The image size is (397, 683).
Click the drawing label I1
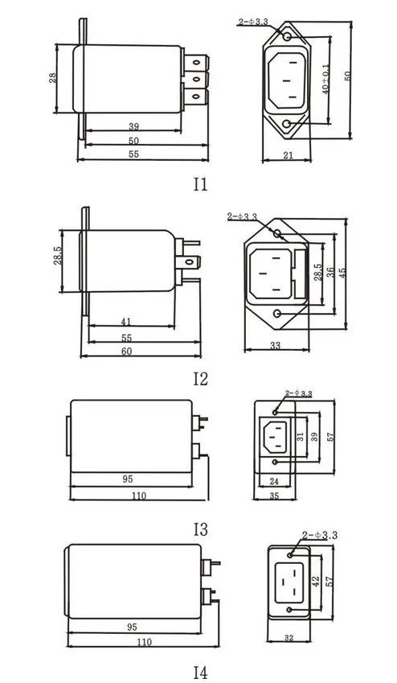click(201, 185)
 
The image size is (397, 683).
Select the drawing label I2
click(201, 379)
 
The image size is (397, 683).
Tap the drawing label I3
click(201, 529)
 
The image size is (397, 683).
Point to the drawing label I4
click(201, 673)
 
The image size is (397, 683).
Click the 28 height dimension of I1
click(53, 78)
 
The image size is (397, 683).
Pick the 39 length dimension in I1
click(133, 126)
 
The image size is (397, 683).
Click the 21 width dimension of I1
click(289, 155)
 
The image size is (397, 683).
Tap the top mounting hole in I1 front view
click(286, 36)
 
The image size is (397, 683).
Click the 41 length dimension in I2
click(126, 322)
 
